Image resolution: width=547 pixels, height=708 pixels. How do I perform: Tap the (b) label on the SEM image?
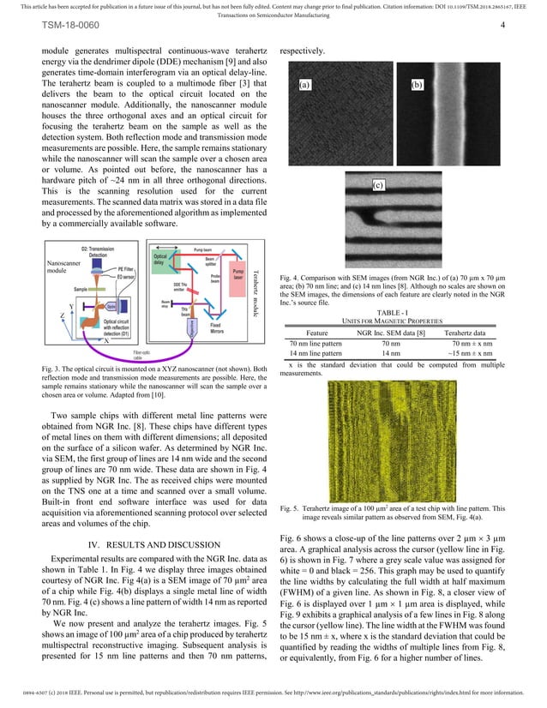click(x=418, y=85)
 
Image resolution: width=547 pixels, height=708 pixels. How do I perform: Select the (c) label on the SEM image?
click(x=377, y=185)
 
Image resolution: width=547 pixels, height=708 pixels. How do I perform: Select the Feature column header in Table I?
click(x=318, y=332)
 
